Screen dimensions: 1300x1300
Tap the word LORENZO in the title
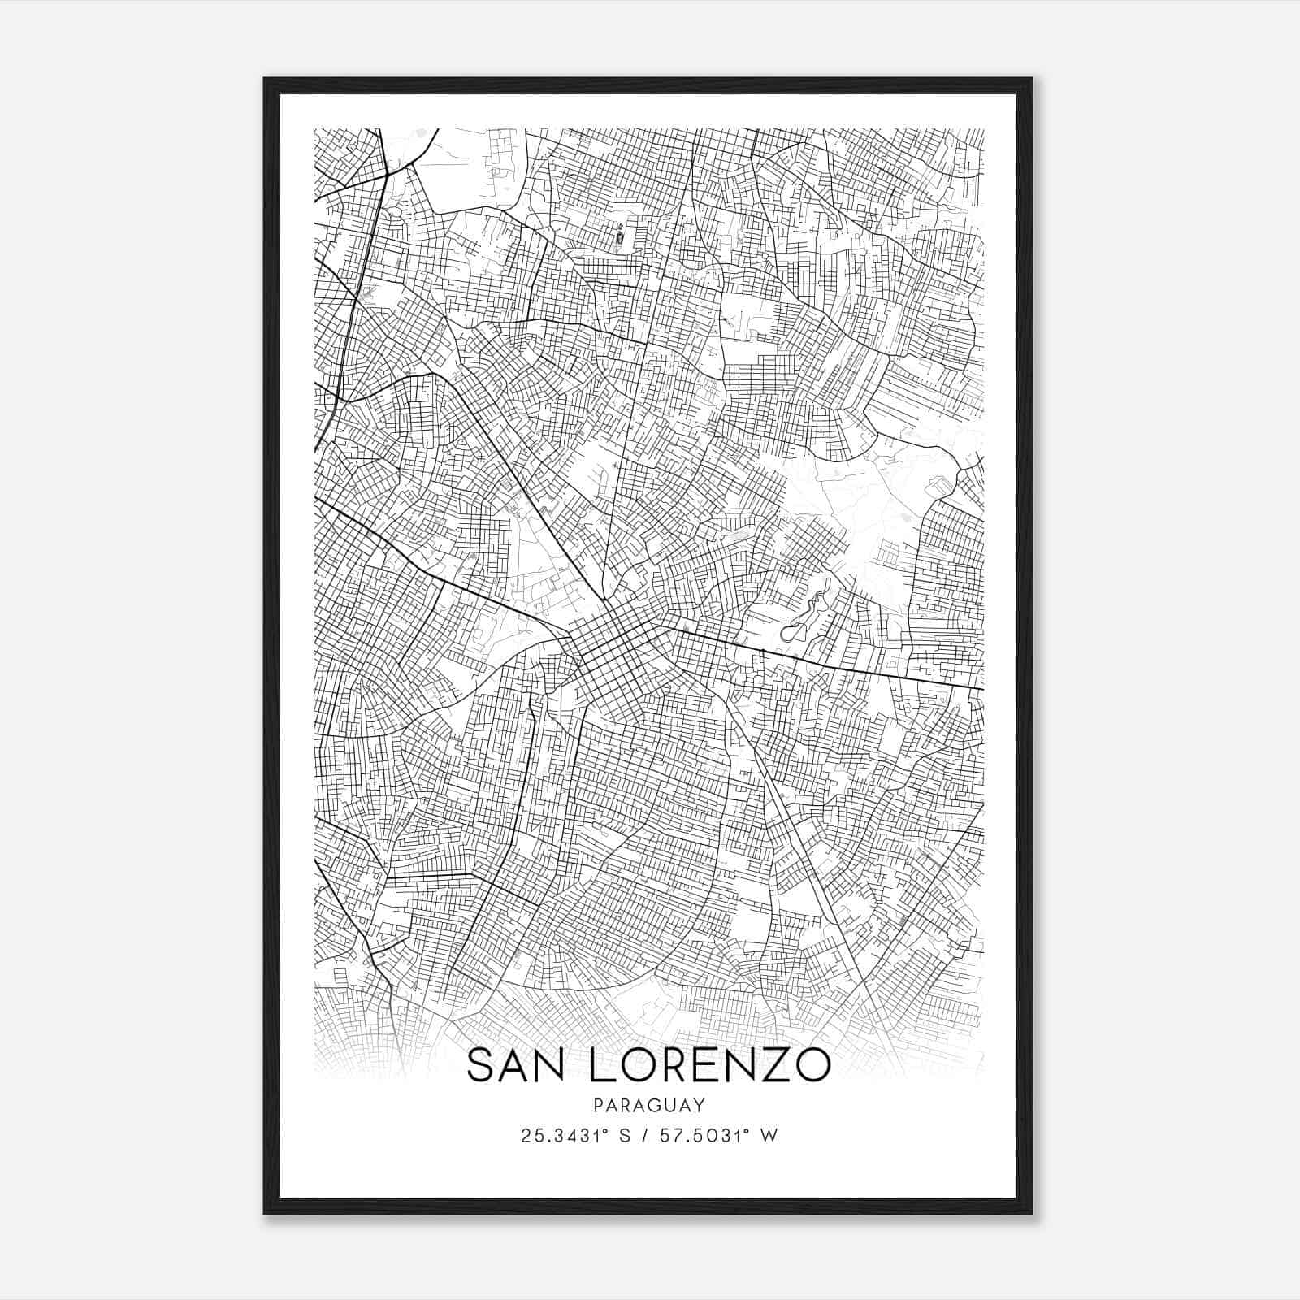[x=707, y=1065]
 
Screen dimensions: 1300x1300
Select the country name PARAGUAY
[x=649, y=1105]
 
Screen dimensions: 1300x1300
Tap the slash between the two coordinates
[x=644, y=1135]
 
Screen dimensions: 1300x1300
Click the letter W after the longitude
[x=769, y=1135]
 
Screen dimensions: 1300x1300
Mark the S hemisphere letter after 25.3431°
[x=625, y=1135]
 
